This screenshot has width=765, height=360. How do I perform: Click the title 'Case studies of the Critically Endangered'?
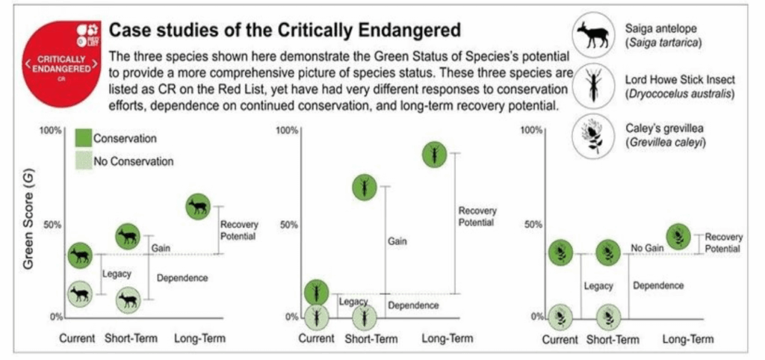click(285, 31)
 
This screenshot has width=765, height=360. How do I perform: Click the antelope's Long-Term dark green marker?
click(199, 206)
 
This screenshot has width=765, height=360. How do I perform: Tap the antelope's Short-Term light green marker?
click(128, 300)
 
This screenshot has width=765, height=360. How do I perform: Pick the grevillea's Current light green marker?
click(560, 317)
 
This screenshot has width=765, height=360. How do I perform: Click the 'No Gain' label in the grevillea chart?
click(648, 247)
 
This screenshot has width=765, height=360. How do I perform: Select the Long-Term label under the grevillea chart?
click(688, 339)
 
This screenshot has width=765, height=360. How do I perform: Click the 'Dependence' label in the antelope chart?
click(182, 278)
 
